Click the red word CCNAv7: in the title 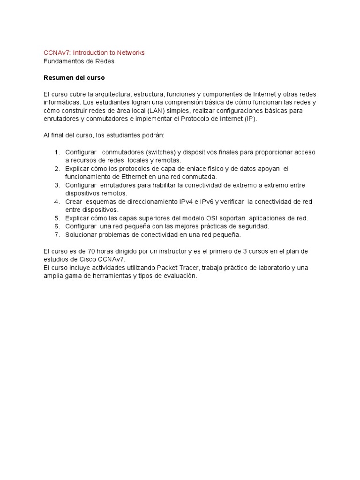57,52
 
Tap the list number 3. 57,185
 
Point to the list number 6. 57,226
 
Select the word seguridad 253,226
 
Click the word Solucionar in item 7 81,234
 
